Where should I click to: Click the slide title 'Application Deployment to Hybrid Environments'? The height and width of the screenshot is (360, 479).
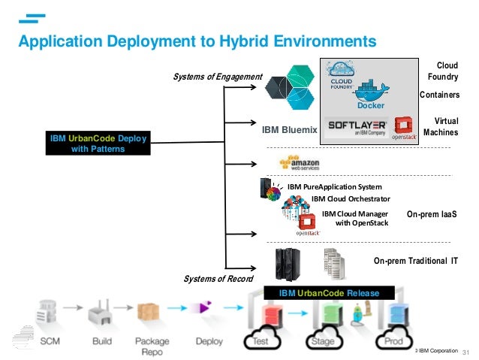click(196, 39)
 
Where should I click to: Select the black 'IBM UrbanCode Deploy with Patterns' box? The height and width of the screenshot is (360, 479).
click(98, 143)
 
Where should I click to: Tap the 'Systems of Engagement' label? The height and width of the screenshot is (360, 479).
click(218, 77)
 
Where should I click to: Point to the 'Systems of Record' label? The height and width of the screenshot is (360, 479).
click(219, 280)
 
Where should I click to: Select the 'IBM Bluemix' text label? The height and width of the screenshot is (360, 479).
click(290, 130)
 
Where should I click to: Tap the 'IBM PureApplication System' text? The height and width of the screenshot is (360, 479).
click(334, 186)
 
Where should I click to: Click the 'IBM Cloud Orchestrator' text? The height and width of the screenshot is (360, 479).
click(351, 199)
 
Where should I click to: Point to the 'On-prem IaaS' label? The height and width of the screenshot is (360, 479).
click(432, 215)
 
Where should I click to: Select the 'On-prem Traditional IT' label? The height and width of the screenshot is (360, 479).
click(415, 261)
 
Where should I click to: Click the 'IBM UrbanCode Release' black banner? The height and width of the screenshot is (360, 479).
click(329, 292)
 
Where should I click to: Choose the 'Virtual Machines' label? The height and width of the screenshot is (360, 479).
click(441, 126)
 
